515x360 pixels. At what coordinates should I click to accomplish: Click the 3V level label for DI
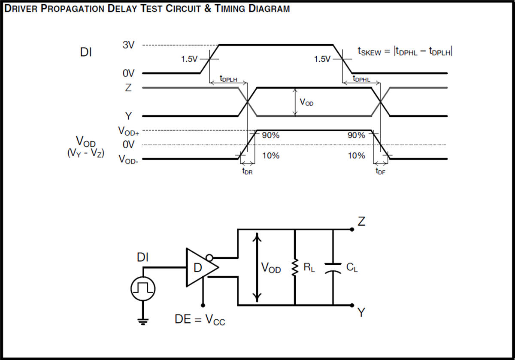tap(128, 45)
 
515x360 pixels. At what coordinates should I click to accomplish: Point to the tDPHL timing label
tap(361, 79)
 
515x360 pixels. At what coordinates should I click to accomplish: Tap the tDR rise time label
tap(247, 172)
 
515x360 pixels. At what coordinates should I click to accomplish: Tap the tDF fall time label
tap(380, 172)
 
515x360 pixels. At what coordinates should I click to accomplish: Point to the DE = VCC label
tap(200, 320)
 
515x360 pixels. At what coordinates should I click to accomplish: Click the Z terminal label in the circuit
tap(361, 221)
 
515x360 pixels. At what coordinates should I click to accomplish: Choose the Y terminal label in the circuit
tap(361, 313)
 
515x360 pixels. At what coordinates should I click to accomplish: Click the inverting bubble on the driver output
tap(209, 258)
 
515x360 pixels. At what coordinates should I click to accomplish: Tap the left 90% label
tap(271, 136)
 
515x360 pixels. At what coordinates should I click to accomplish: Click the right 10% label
tap(356, 156)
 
